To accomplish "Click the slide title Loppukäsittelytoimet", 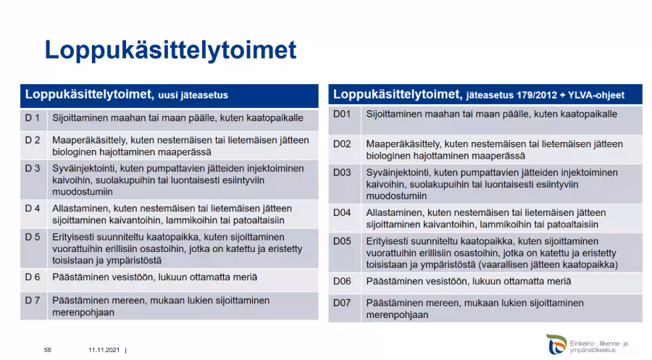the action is tap(170, 51).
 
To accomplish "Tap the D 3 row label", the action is tap(33, 168).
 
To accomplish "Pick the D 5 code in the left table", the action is tap(33, 237).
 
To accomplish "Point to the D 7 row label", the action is tap(33, 300).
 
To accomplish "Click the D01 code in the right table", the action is tap(342, 114).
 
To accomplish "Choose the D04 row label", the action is tap(342, 212).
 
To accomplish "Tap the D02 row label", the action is tap(342, 144).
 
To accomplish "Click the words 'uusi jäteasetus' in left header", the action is tap(193, 95).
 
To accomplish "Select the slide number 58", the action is tap(47, 350).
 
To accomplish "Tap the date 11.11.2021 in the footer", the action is tap(104, 350).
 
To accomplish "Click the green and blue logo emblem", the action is tap(556, 344).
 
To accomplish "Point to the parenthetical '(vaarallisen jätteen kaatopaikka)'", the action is tap(548, 265).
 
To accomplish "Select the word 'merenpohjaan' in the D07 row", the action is tap(397, 314).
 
